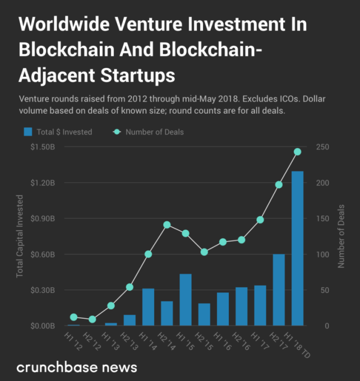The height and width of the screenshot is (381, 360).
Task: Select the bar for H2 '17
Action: (x=279, y=290)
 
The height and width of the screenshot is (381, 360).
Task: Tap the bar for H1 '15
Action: (x=186, y=300)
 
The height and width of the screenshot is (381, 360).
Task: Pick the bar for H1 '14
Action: (x=148, y=307)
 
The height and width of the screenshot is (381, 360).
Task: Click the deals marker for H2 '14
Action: (x=167, y=225)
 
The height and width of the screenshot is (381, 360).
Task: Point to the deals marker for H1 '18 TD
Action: (x=297, y=151)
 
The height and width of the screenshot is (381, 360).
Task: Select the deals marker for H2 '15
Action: (x=204, y=252)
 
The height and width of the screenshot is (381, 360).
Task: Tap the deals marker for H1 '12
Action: (x=73, y=317)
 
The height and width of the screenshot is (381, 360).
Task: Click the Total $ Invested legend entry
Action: (x=58, y=132)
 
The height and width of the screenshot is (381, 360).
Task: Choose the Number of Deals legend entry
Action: (x=149, y=132)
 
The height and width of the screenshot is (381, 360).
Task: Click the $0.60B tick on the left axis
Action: (x=43, y=254)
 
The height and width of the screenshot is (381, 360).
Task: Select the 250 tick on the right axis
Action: (x=323, y=147)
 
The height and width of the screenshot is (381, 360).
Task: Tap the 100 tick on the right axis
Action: (x=323, y=254)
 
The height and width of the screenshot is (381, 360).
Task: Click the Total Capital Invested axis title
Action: (x=20, y=236)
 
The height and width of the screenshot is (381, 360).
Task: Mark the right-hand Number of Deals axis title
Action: (x=341, y=236)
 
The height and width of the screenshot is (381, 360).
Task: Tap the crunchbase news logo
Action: (x=77, y=368)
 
